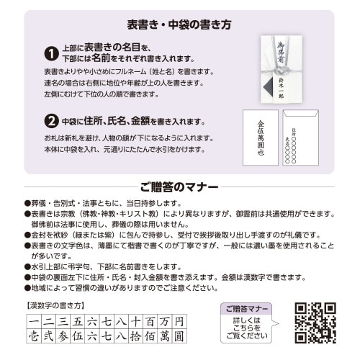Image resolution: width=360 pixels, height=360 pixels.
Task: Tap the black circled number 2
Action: (x=51, y=120)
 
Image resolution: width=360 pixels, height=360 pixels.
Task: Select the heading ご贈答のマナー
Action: (x=179, y=188)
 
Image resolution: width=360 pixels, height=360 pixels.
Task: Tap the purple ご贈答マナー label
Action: (x=247, y=308)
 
